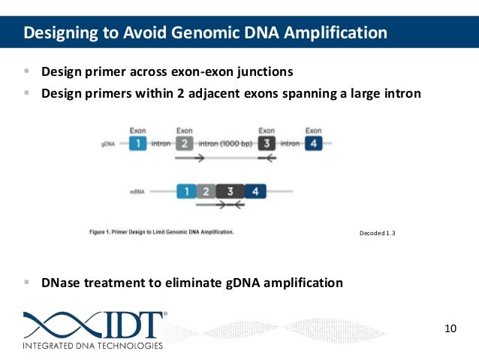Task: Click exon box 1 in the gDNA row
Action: pos(137,143)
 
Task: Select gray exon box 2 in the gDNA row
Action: pos(184,143)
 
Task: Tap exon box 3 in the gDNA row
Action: pos(267,143)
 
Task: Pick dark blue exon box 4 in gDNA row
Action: pos(313,143)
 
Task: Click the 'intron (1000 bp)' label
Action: pos(225,143)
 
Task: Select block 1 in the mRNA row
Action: pos(185,192)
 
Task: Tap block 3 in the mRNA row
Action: pos(230,192)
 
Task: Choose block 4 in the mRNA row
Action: pos(255,192)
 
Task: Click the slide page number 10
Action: pos(450,328)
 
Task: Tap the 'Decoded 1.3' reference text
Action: pos(378,234)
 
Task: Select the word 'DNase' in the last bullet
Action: pos(61,283)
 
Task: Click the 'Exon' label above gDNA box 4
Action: pos(313,131)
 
